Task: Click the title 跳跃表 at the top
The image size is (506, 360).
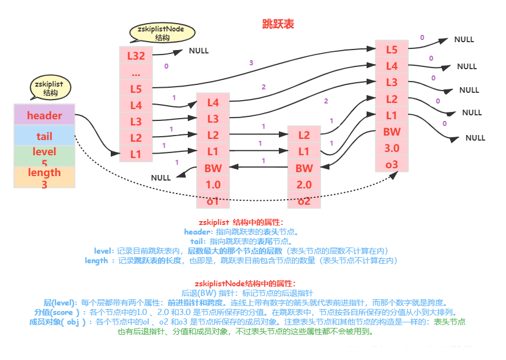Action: tap(278, 24)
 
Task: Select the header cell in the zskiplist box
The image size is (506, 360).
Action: tap(44, 115)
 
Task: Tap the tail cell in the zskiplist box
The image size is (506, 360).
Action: tap(44, 136)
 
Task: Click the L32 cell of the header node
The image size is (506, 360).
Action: tap(136, 55)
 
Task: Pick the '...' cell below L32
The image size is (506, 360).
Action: tap(136, 73)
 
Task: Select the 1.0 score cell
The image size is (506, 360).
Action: tap(213, 184)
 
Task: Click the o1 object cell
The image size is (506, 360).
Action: tap(213, 201)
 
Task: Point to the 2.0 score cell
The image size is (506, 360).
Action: tap(304, 184)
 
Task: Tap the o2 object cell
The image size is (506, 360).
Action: tap(304, 201)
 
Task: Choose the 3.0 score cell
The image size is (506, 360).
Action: tap(392, 148)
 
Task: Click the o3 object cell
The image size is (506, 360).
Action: tap(392, 164)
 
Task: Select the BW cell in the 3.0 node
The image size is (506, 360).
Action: tap(392, 132)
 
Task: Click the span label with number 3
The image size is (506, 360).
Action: tap(251, 62)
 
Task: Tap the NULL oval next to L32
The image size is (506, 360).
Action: tap(198, 51)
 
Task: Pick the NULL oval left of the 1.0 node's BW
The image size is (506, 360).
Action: tap(161, 178)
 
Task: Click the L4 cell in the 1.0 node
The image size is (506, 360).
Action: tap(213, 102)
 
